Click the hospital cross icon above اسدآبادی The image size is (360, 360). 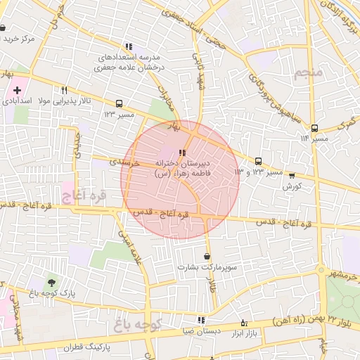(17, 90)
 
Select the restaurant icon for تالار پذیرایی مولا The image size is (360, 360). (64, 90)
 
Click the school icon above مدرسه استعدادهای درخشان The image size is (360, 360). (128, 46)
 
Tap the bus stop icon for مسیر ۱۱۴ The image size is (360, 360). (314, 128)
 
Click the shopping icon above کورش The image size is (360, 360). (292, 176)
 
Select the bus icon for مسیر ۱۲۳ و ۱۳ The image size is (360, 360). (258, 161)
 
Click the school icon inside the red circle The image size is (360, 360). (181, 152)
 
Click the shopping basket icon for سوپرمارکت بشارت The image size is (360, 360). (206, 257)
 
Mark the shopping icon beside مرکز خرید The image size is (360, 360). (4, 28)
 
